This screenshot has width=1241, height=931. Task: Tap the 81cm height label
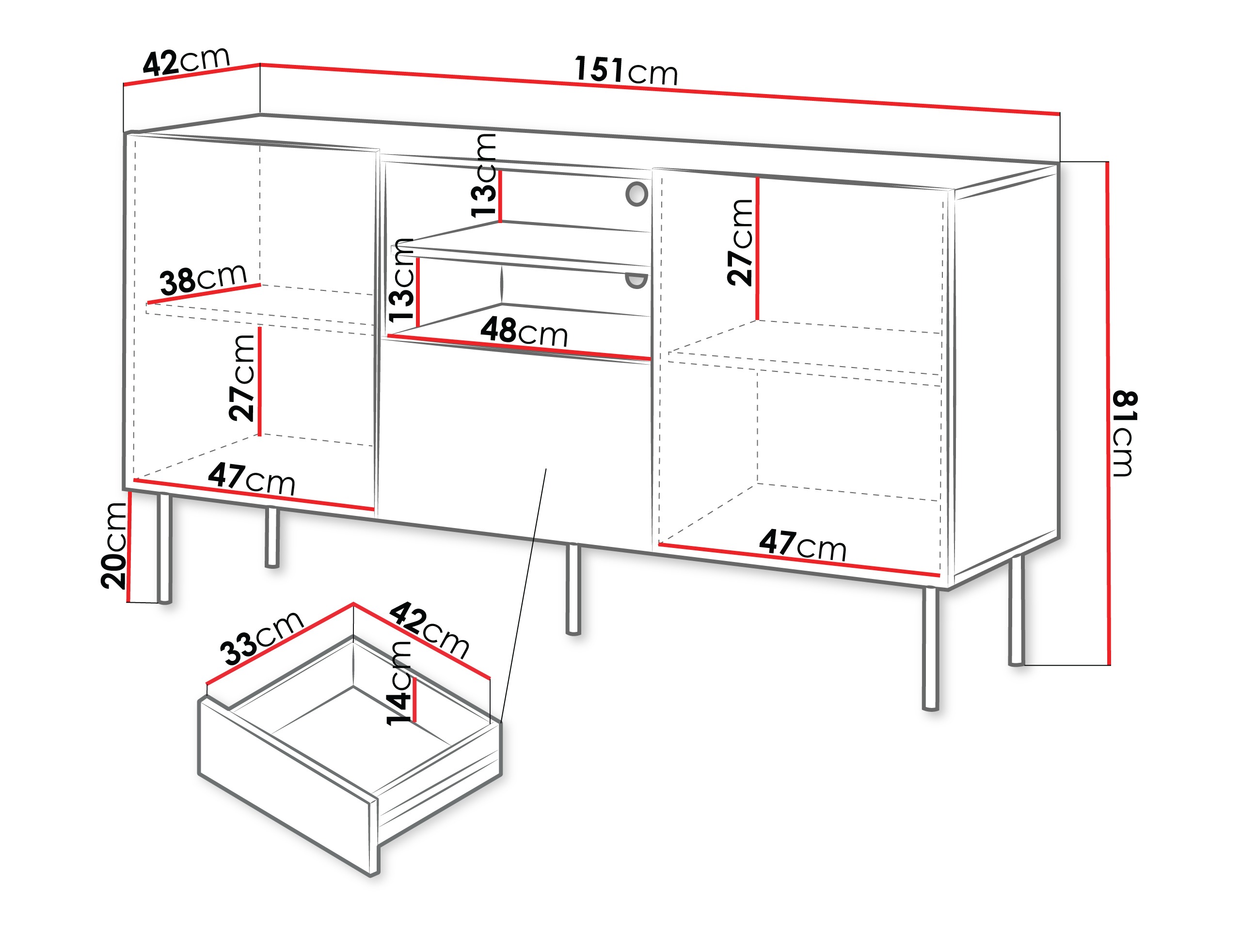pyautogui.click(x=1124, y=434)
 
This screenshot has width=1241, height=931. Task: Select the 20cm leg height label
pyautogui.click(x=114, y=546)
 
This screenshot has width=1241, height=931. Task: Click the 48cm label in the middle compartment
pyautogui.click(x=524, y=332)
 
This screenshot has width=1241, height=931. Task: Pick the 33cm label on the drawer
pyautogui.click(x=261, y=638)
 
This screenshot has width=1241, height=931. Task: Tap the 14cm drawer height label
pyautogui.click(x=400, y=684)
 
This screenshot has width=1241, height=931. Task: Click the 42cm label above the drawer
pyautogui.click(x=429, y=630)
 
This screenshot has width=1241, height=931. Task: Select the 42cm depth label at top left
pyautogui.click(x=186, y=61)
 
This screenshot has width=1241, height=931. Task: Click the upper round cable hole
pyautogui.click(x=636, y=193)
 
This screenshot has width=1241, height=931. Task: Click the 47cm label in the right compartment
pyautogui.click(x=802, y=545)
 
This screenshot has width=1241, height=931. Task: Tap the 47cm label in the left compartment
pyautogui.click(x=251, y=479)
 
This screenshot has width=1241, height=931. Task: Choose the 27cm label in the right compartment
pyautogui.click(x=740, y=242)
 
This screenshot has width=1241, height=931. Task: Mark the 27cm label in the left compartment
pyautogui.click(x=242, y=378)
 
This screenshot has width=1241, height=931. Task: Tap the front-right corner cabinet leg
pyautogui.click(x=930, y=648)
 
